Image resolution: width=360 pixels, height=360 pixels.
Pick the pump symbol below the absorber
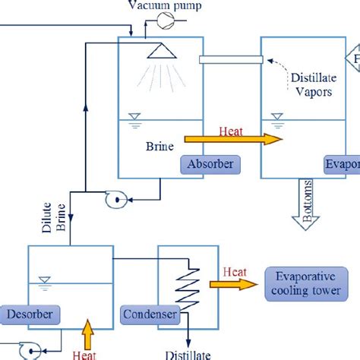click(x=116, y=201)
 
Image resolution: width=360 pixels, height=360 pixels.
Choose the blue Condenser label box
click(x=150, y=314)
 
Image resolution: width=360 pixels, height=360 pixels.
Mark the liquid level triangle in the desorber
click(x=43, y=279)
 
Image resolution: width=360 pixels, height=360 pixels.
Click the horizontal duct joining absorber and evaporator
click(x=231, y=60)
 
